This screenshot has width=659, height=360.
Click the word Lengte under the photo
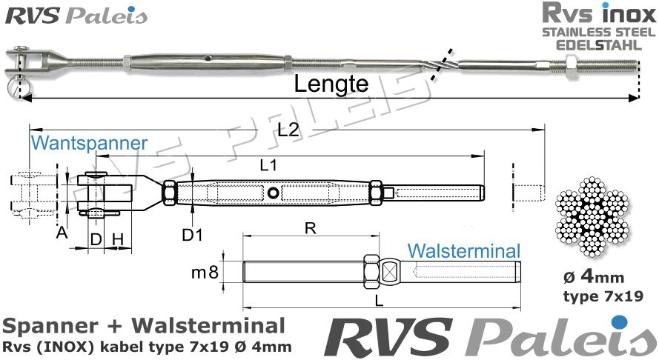click(331, 84)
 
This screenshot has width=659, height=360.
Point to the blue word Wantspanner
click(89, 143)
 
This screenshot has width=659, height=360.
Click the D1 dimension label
click(193, 236)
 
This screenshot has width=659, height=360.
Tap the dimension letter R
click(311, 229)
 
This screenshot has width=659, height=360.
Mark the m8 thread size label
click(205, 273)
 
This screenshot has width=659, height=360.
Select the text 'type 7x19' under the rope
click(594, 298)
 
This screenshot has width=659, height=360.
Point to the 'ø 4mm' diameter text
click(594, 279)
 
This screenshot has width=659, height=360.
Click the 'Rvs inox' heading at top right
click(598, 14)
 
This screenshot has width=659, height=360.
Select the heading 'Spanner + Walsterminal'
click(143, 326)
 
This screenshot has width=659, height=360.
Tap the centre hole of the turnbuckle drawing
click(274, 193)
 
